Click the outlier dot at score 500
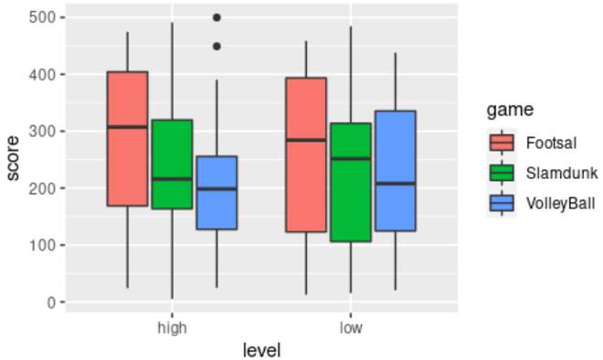217,17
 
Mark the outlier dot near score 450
217,46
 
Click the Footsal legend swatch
503,143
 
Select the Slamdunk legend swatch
503,173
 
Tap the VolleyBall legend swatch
503,203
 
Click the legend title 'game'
510,111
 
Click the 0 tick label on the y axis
53,302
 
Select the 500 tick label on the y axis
45,17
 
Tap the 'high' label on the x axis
172,327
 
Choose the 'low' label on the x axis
350,327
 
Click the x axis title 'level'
261,349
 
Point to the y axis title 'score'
13,160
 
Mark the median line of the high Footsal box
127,127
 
